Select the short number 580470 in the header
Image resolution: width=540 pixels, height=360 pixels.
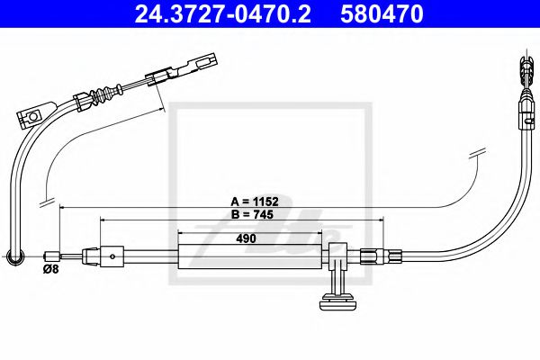pos(382,14)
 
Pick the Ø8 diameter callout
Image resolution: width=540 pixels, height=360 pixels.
pos(50,267)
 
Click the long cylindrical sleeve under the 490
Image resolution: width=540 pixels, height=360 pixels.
pos(249,256)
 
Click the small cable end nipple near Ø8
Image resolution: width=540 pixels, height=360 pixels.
pos(53,255)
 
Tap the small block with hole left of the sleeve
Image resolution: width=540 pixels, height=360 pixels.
pos(112,256)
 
